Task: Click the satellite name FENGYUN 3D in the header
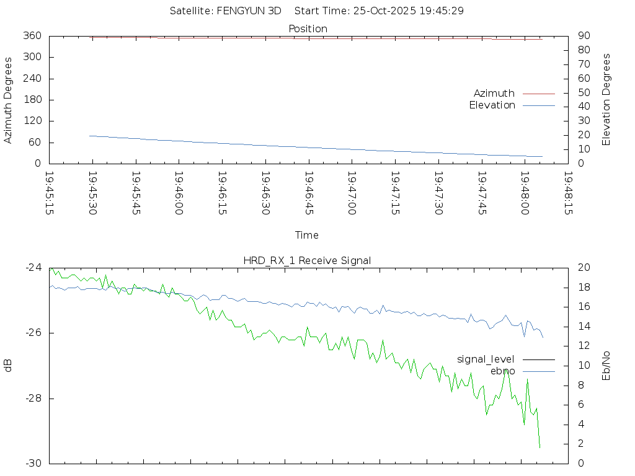pos(249,11)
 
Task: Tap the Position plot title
pos(308,29)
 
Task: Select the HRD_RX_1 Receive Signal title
pos(308,260)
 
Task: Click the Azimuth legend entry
pos(494,93)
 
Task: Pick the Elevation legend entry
pos(492,105)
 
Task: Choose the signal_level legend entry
pos(486,359)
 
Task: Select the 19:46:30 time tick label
pos(265,193)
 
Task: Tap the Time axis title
pos(307,236)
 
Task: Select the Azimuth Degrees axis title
pos(8,100)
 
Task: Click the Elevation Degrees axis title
pos(606,100)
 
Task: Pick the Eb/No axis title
pos(606,366)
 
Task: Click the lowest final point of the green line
pos(540,447)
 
